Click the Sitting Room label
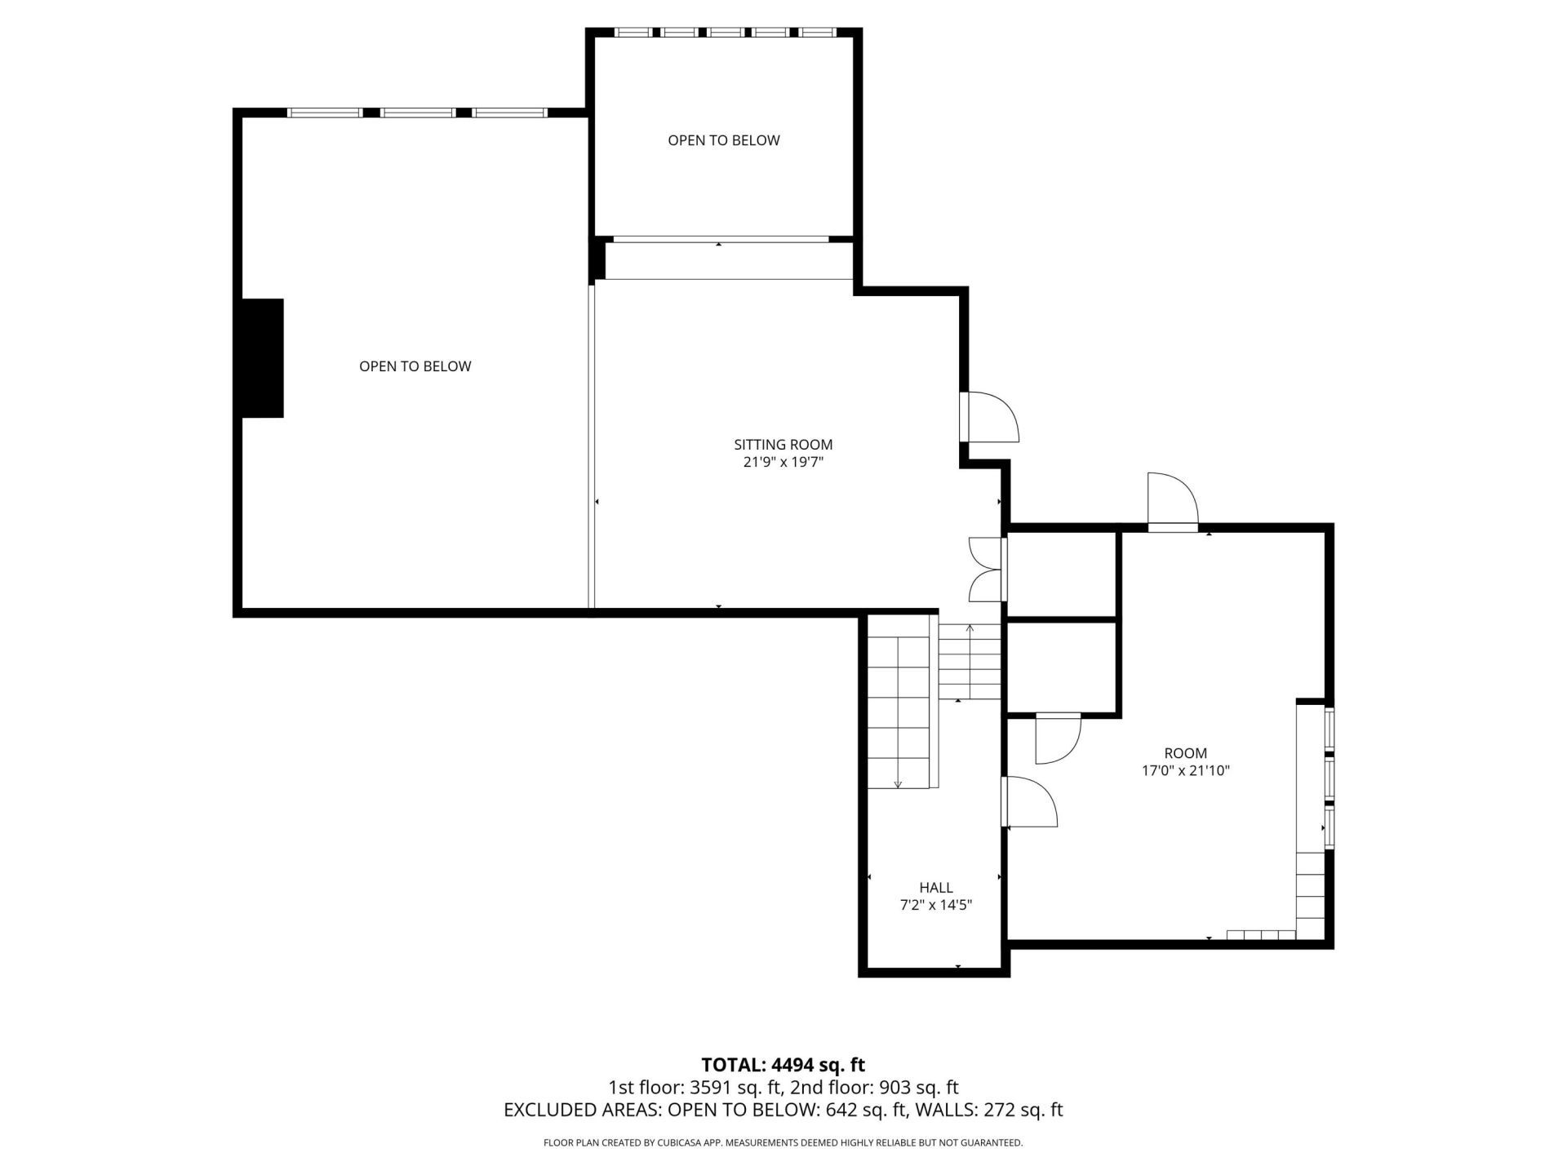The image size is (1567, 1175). pyautogui.click(x=783, y=445)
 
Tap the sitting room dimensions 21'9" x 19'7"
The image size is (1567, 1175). pyautogui.click(x=783, y=463)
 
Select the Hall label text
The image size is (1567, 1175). pyautogui.click(x=935, y=888)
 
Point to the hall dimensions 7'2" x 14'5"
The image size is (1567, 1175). pyautogui.click(x=935, y=905)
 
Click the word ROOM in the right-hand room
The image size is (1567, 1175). pyautogui.click(x=1185, y=753)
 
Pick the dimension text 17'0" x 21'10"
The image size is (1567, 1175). pyautogui.click(x=1185, y=770)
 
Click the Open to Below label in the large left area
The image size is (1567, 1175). pyautogui.click(x=415, y=366)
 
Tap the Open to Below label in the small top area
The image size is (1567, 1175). pyautogui.click(x=723, y=140)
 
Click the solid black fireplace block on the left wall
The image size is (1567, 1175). pyautogui.click(x=262, y=358)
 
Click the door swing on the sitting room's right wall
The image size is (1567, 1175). pyautogui.click(x=989, y=417)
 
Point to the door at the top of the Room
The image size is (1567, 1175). pyautogui.click(x=1172, y=502)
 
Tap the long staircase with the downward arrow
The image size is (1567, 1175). pyautogui.click(x=898, y=702)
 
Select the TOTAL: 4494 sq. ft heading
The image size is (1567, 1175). pyautogui.click(x=783, y=1065)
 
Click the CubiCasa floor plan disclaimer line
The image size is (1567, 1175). pyautogui.click(x=783, y=1143)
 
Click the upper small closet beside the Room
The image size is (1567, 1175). pyautogui.click(x=1062, y=574)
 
